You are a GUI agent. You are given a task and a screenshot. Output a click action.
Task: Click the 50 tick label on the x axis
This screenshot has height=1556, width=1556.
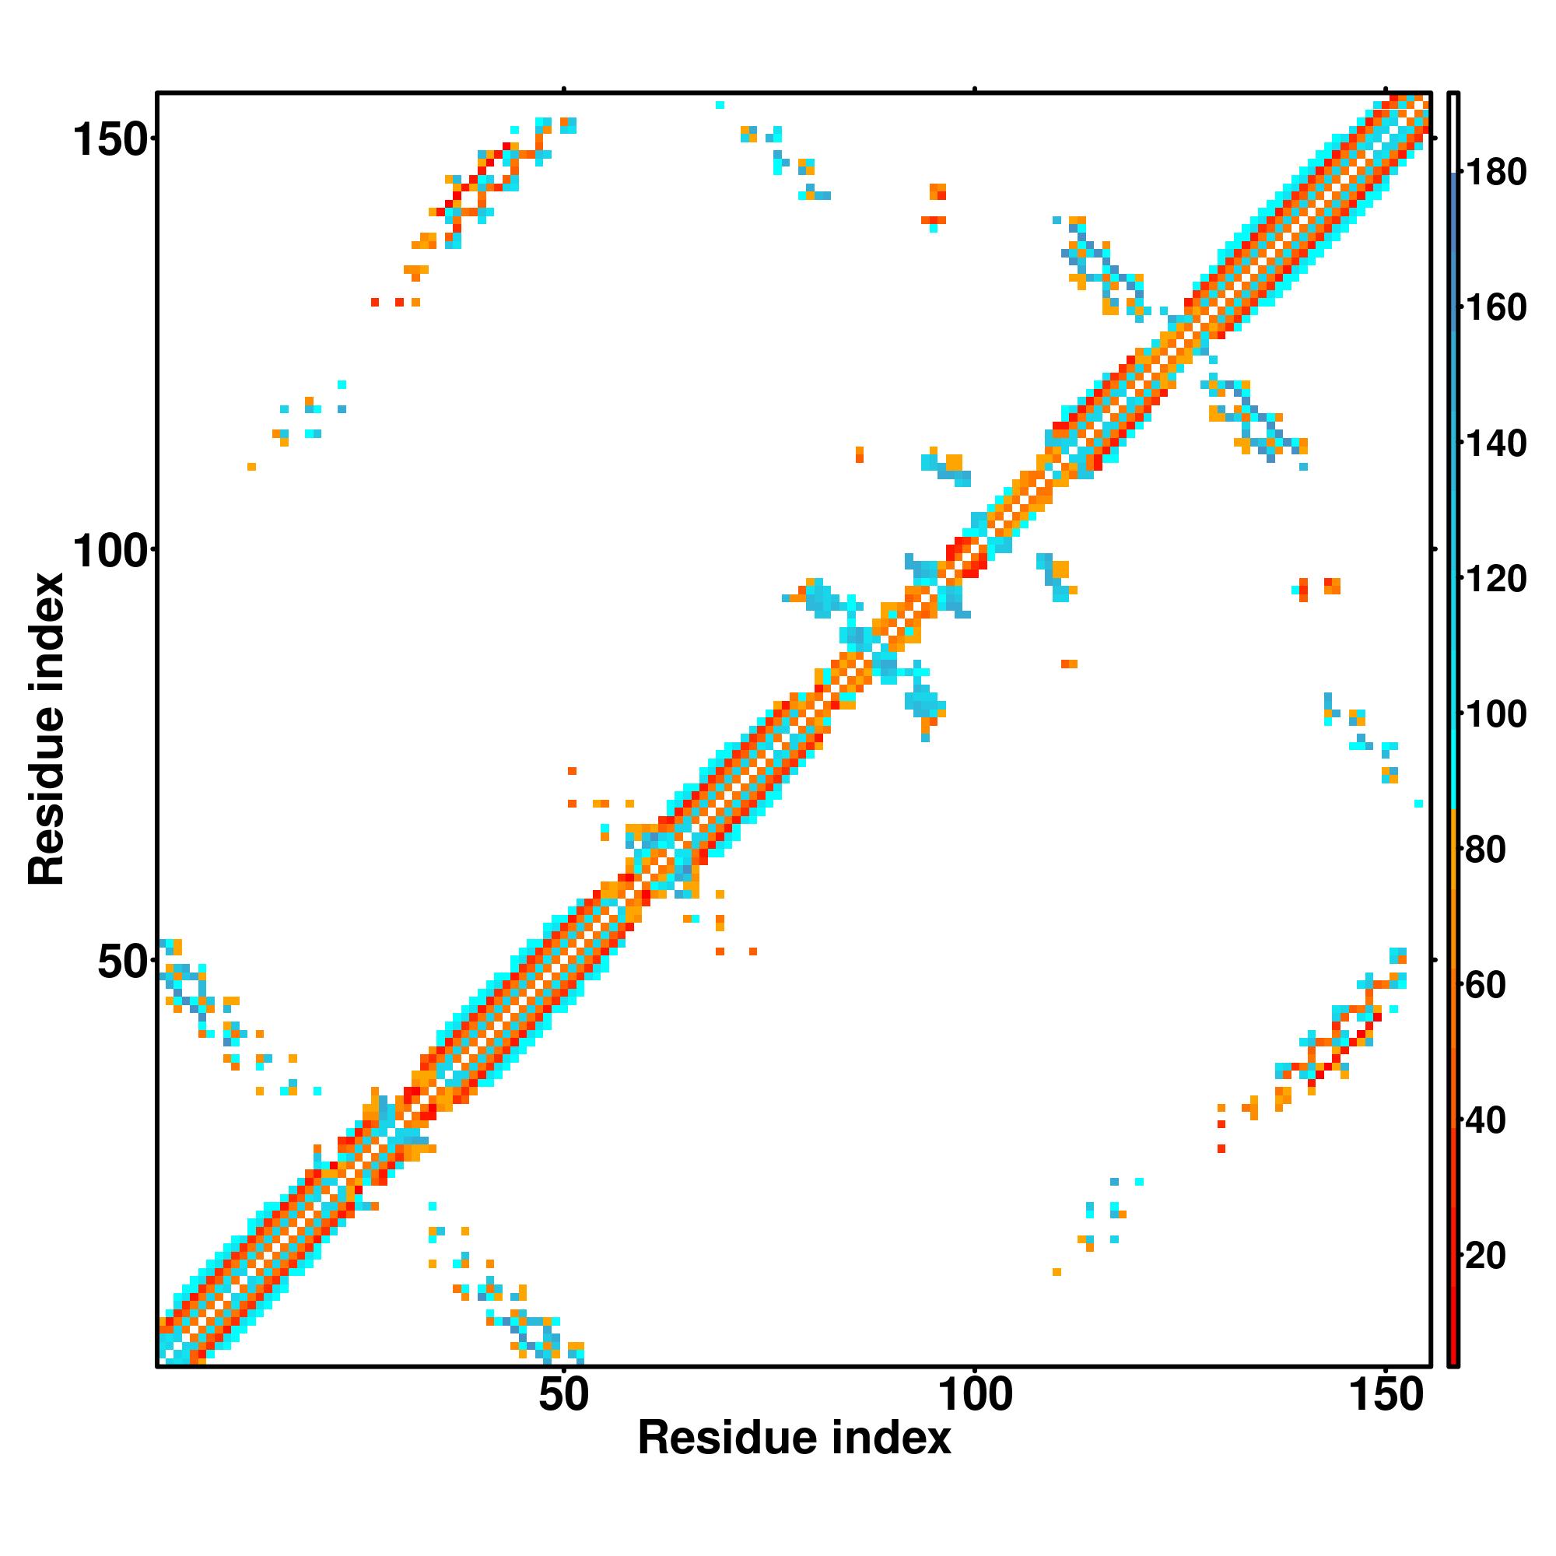point(564,1396)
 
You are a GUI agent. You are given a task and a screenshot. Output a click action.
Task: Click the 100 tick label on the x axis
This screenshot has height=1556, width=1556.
point(976,1396)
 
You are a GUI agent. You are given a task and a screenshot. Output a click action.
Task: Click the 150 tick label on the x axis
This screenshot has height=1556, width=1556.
point(1386,1396)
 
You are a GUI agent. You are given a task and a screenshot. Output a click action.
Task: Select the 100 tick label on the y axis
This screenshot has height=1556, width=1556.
point(110,552)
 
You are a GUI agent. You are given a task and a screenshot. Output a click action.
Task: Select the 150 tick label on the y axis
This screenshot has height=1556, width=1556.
point(110,141)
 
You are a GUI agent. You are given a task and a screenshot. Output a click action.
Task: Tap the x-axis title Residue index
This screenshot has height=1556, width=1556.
point(794,1439)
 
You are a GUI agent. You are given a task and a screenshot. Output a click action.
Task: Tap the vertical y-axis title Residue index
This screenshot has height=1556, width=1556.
point(46,729)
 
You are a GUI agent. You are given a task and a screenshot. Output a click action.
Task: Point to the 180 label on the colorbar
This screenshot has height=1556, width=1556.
point(1495,173)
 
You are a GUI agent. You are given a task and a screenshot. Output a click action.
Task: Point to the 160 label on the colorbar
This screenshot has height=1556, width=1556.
point(1495,307)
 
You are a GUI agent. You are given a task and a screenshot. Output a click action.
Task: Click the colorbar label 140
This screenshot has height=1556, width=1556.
point(1495,443)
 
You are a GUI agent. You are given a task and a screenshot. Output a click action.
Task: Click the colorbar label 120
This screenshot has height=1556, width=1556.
point(1495,578)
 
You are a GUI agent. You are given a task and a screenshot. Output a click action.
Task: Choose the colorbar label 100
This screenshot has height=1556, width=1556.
point(1495,713)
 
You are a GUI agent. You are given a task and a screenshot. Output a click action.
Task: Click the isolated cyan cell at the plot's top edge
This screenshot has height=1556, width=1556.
point(720,105)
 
